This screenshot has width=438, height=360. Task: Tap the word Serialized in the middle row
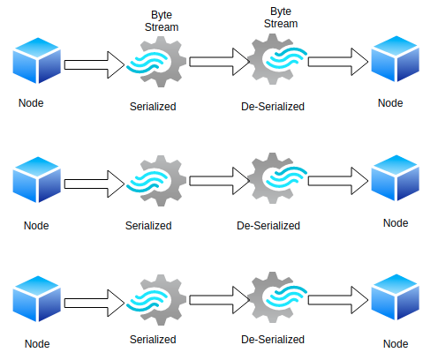pos(148,225)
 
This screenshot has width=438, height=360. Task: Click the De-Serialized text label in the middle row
pos(268,225)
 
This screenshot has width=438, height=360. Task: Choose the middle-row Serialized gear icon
pos(155,182)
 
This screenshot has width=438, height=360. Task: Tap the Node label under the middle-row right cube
pos(396,222)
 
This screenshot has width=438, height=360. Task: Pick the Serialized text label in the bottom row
pos(153,338)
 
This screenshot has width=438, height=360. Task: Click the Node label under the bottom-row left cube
pos(36,343)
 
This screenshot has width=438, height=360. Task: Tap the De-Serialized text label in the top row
pos(273,107)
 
